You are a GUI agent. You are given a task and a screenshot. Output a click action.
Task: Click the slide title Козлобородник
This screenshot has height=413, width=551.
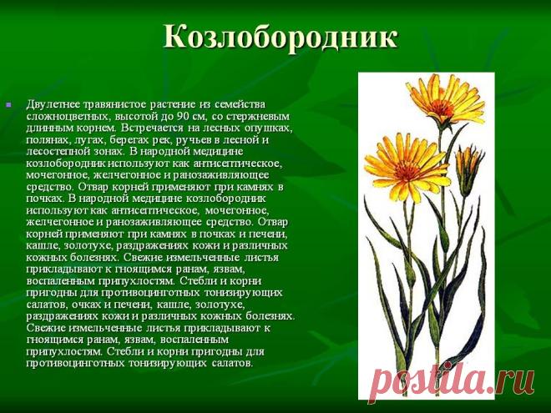coord(281,37)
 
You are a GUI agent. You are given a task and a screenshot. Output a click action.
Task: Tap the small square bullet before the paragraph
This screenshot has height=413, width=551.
coord(8,104)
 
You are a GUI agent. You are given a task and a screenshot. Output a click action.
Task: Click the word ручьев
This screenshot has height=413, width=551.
coord(192,140)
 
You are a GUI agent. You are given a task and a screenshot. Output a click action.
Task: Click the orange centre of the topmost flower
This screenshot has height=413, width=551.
coord(441,107)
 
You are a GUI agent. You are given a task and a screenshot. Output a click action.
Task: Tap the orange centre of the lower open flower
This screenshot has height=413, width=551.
coord(406,172)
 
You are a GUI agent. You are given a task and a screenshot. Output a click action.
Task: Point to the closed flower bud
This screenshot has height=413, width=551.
coord(467,172)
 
